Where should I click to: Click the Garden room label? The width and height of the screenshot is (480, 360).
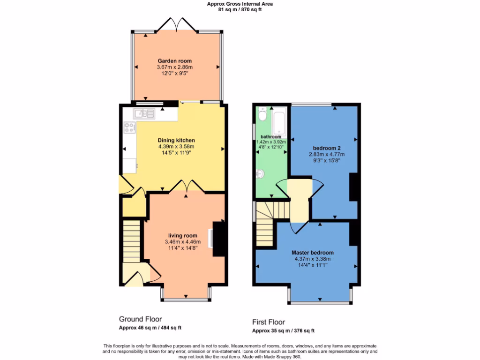coord(174,61)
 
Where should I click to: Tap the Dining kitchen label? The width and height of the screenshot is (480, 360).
coord(176,140)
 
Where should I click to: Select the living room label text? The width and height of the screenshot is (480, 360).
coord(183,235)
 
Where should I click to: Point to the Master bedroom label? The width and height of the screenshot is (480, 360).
coord(313,252)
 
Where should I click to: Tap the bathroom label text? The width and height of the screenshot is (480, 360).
coord(270,136)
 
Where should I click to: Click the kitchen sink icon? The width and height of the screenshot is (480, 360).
coord(141,113)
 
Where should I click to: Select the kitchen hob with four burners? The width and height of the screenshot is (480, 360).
coord(129,127)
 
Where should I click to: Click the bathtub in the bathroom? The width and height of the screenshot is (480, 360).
coord(280,121)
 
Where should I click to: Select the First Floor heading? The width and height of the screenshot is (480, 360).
coord(269,322)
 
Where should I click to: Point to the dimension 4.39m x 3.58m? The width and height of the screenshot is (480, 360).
coord(176,146)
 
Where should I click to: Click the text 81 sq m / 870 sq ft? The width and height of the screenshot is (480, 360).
coord(240,9)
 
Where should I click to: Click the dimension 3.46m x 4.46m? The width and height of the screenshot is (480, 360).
coord(183,242)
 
